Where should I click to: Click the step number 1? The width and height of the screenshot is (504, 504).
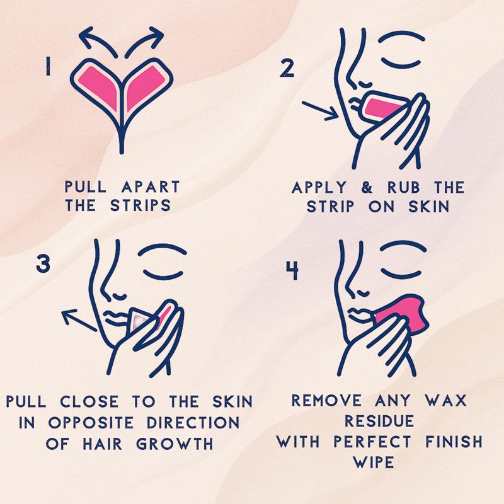pos(48,66)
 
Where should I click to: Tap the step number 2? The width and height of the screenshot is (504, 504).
pos(287,68)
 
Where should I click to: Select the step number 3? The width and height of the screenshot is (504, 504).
pos(43,264)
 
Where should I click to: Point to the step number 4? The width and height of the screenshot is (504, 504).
pos(292,271)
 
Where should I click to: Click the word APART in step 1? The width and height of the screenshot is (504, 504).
pos(151,186)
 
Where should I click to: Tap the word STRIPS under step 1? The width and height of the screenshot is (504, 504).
pos(140,205)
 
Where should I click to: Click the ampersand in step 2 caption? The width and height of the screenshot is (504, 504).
pos(367,187)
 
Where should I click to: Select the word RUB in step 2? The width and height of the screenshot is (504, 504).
pos(403,187)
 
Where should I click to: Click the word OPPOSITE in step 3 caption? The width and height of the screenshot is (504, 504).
pos(91,422)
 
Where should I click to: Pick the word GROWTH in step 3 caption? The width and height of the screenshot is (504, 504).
pos(175,444)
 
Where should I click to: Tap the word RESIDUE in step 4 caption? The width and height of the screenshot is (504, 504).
pos(379,421)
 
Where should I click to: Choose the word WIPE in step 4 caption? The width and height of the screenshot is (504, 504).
pos(374,462)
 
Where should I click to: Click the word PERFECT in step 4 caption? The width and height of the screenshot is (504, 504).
pos(372,442)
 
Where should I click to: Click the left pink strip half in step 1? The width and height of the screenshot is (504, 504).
pos(99,86)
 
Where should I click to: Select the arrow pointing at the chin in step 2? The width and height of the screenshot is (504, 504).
pos(320,111)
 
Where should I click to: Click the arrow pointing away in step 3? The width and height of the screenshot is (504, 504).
pos(79,320)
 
